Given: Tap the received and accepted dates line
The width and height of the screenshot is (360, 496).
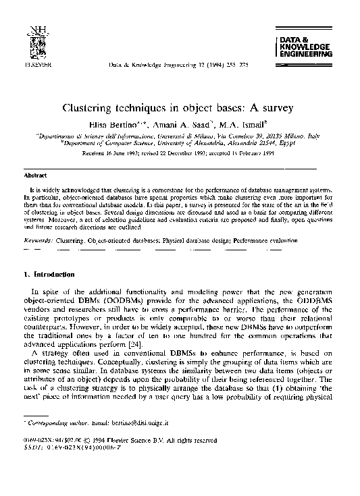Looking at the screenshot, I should pyautogui.click(x=180, y=153).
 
